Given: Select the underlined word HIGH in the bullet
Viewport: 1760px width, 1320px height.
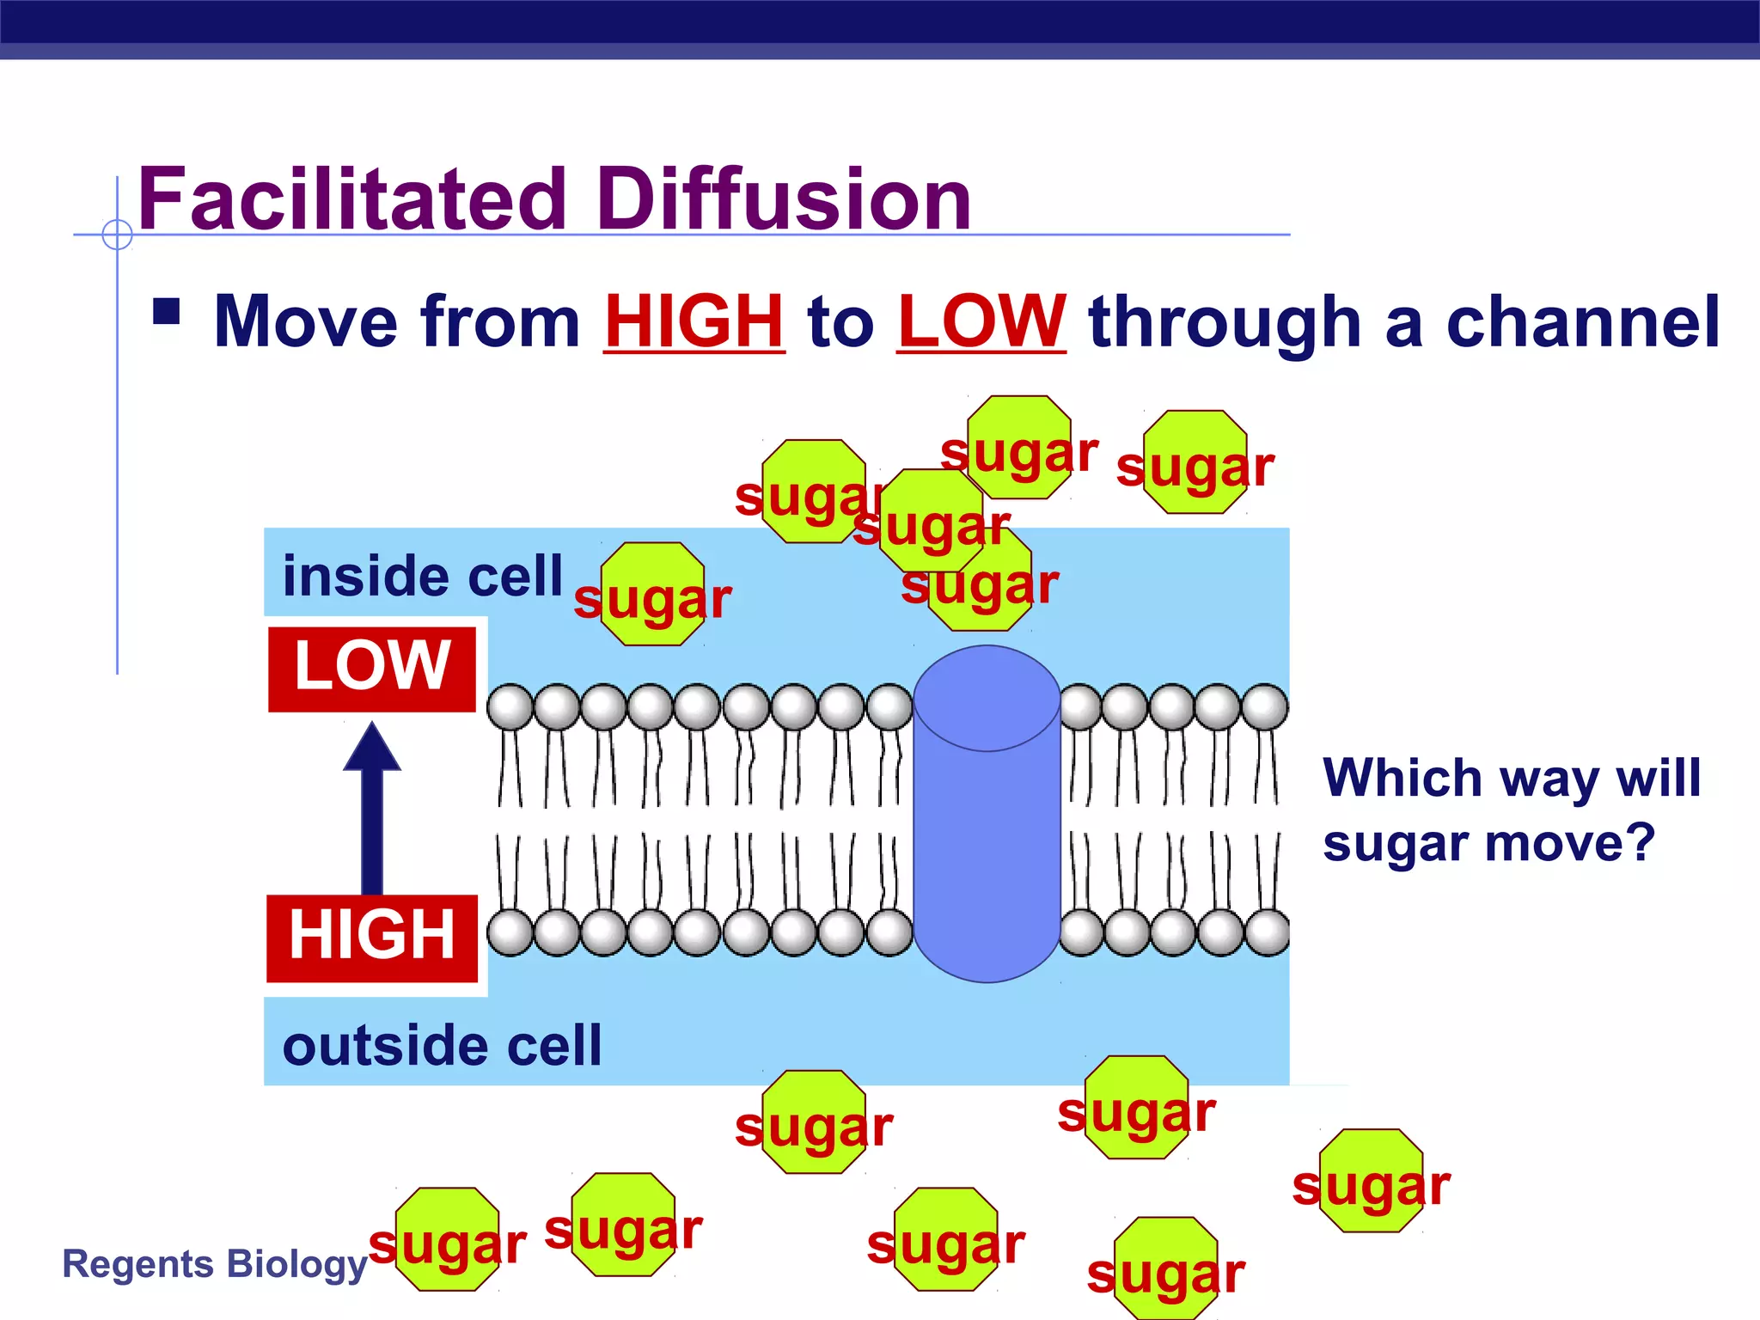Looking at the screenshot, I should pos(694,322).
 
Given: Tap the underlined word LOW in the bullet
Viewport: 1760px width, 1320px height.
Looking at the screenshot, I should pos(981,322).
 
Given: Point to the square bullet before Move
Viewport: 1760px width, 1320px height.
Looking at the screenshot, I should pos(166,311).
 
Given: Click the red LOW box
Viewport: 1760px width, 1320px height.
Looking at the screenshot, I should pos(371,669).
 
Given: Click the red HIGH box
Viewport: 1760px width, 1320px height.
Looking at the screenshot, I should pos(371,938).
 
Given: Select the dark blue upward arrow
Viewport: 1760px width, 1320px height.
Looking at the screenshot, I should pos(372,808).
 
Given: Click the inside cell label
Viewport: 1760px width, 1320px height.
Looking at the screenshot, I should pos(422,576).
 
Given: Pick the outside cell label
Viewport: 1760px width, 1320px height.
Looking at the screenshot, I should pos(442,1046).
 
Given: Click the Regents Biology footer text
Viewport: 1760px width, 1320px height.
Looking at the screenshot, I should pos(215,1264).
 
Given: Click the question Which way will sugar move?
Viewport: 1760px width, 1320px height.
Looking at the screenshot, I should pos(1511,810).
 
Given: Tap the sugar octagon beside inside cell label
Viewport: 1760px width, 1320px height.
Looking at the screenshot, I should pos(652,595).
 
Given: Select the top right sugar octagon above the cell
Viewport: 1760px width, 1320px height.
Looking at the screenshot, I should pos(1195,462).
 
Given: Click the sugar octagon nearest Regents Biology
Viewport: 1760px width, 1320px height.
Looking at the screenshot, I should pos(448,1239).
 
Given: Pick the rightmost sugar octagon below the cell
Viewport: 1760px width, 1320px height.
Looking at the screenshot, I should pos(1372,1181).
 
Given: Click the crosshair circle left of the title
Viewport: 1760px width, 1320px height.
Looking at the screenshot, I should pos(117,234).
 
